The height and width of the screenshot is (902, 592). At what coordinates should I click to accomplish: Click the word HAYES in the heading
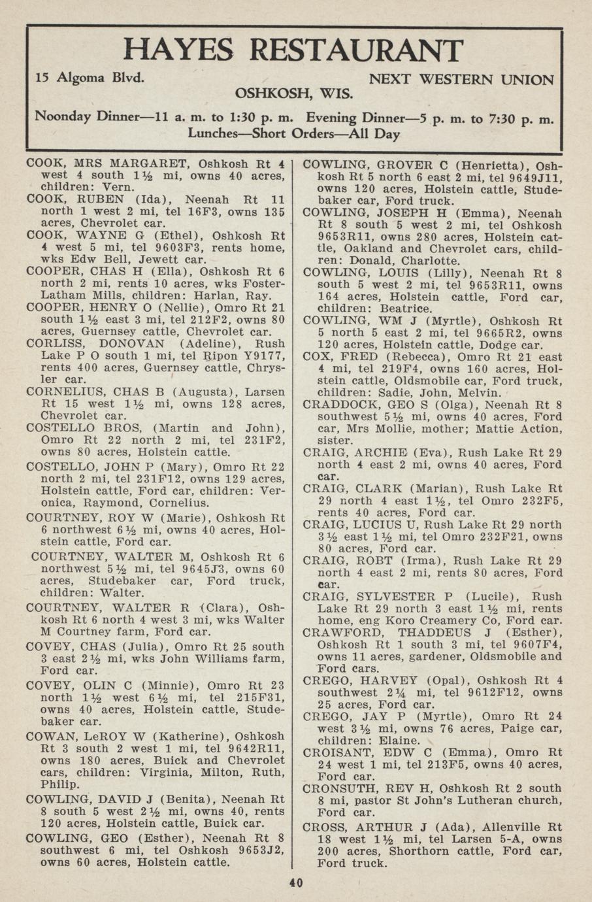tap(177, 50)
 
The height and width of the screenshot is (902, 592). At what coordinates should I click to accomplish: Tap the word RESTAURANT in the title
tap(357, 50)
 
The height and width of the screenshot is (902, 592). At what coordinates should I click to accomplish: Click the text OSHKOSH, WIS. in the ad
tap(294, 92)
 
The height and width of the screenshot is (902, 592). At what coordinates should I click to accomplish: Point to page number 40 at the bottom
tap(296, 883)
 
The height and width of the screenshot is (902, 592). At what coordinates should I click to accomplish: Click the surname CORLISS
tap(52, 344)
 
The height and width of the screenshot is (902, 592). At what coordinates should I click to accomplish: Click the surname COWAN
tap(48, 736)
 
